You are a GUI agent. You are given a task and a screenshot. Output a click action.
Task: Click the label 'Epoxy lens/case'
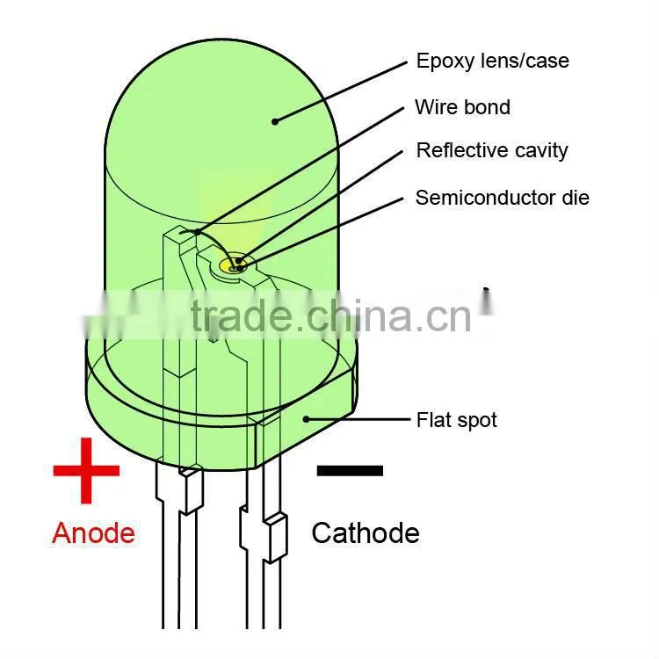tap(493, 62)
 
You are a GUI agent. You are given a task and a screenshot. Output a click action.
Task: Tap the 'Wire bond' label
tap(463, 107)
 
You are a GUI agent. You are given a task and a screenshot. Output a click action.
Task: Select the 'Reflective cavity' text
tap(492, 151)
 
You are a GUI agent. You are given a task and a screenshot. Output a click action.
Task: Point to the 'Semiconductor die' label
tap(503, 198)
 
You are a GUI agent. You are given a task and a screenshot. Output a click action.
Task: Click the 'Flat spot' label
tap(456, 420)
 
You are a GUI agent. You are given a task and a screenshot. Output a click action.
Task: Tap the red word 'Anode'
tap(93, 533)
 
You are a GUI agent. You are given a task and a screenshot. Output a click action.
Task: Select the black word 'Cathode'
tap(366, 533)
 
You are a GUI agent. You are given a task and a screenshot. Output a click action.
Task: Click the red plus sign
tap(86, 470)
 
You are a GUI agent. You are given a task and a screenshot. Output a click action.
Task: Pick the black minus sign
tap(350, 470)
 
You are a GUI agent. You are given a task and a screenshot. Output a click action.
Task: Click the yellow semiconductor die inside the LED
tap(233, 266)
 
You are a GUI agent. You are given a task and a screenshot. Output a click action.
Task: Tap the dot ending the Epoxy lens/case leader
tap(275, 121)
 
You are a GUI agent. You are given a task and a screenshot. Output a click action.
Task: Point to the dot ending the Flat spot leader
tap(307, 419)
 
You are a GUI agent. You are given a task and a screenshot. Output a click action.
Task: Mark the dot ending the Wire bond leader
tap(197, 232)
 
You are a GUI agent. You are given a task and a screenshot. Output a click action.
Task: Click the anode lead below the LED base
tap(180, 547)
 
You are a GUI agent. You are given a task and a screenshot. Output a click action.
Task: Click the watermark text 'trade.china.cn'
tap(330, 316)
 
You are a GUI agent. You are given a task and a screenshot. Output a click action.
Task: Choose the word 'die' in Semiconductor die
tap(576, 198)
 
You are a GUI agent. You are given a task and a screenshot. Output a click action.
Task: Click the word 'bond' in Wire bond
tap(486, 107)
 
